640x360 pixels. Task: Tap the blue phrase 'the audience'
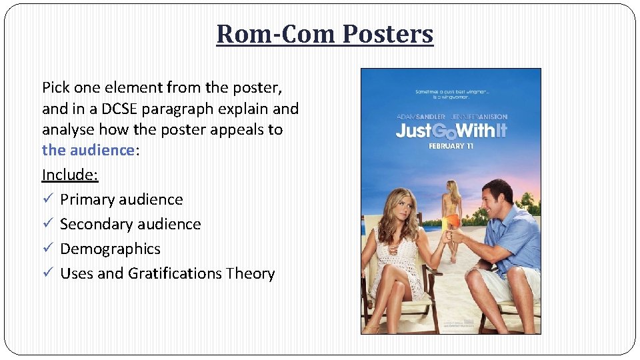(88, 150)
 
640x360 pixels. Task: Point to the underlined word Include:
(70, 175)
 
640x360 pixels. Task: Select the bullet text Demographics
(110, 249)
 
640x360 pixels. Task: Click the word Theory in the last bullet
(250, 273)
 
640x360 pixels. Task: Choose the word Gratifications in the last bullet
(175, 273)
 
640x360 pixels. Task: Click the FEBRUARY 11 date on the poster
(451, 145)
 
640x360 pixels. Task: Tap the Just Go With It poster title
(451, 129)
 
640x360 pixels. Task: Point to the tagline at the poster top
(451, 93)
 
